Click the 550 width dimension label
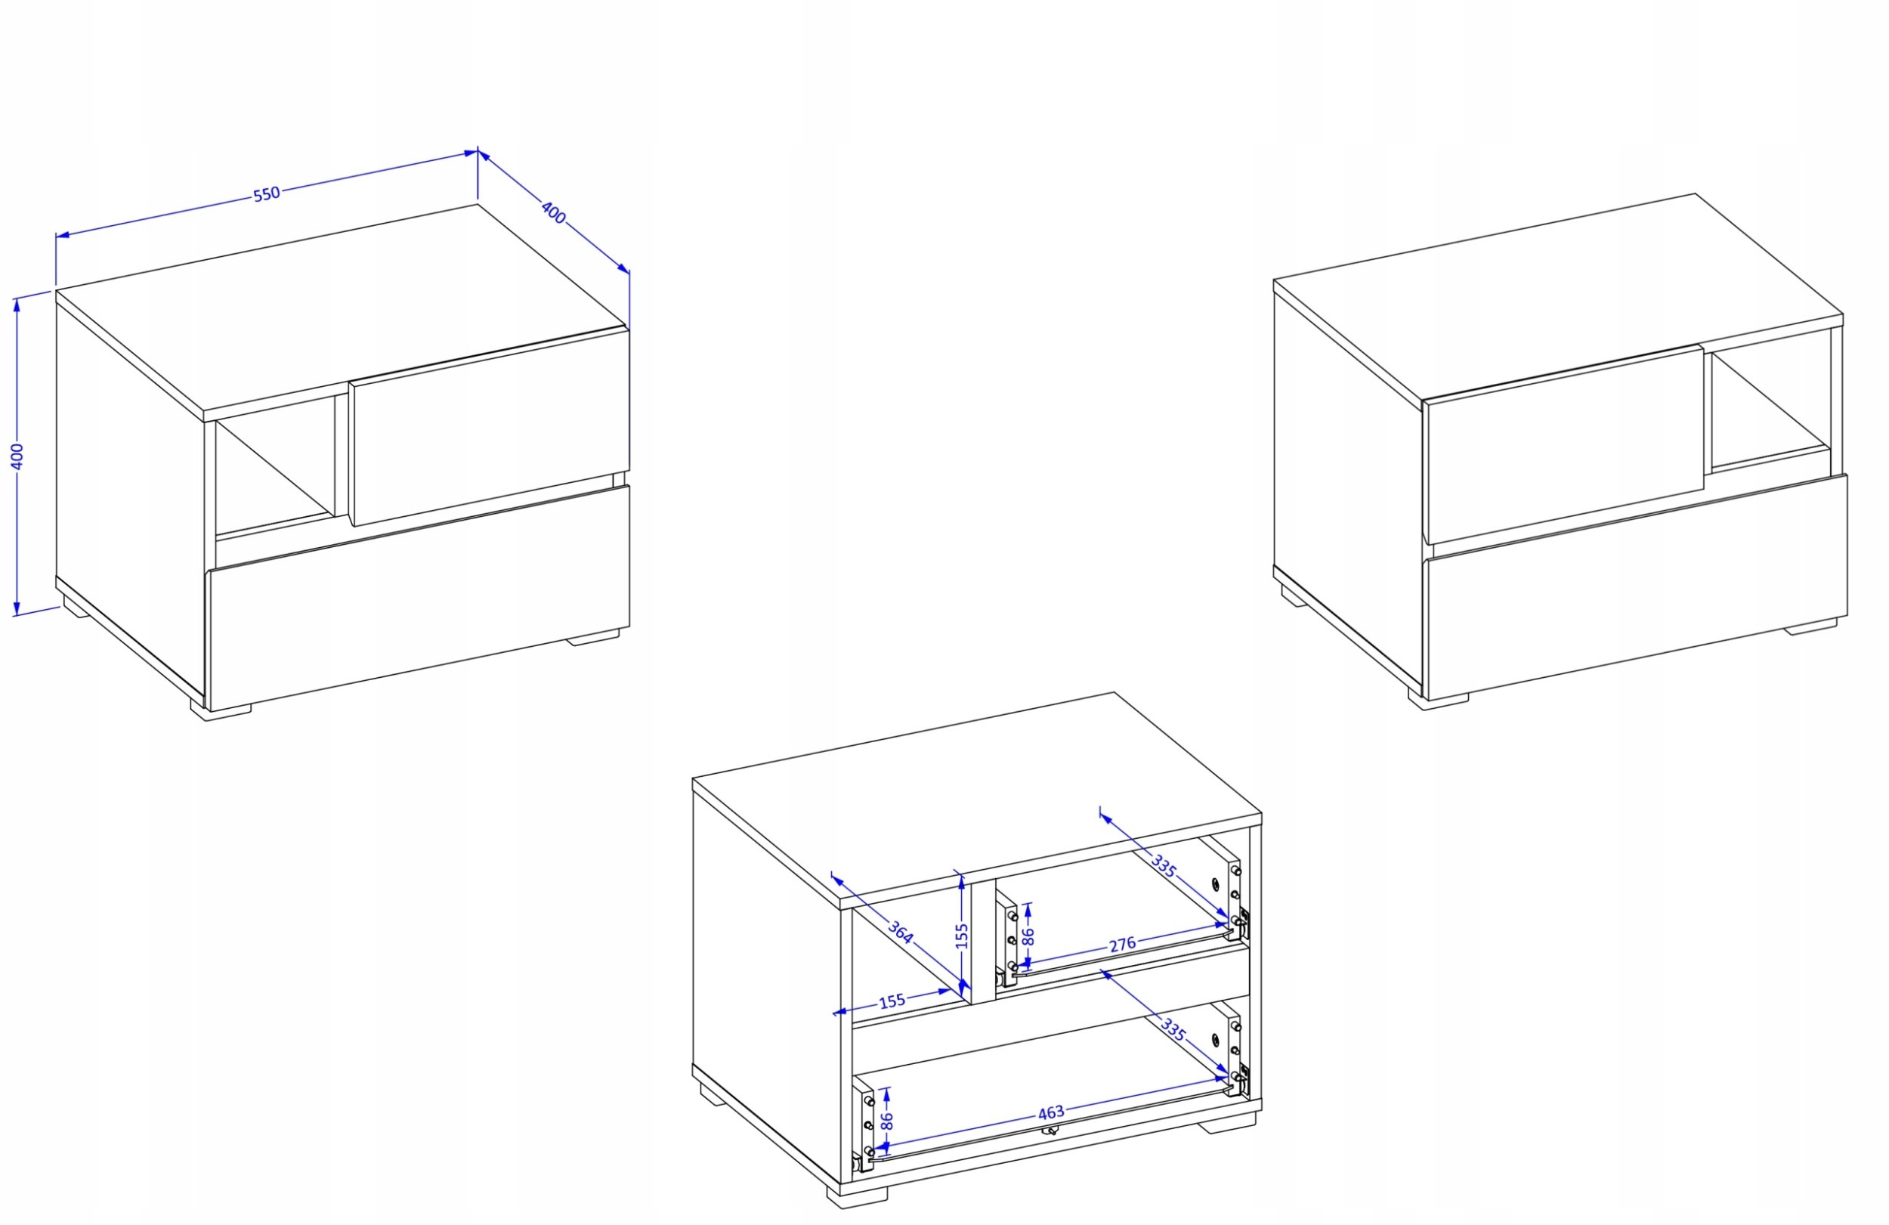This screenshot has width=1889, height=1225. click(267, 193)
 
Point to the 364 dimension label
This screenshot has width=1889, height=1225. click(900, 931)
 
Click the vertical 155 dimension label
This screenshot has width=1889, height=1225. click(962, 936)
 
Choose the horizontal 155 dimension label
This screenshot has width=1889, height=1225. click(892, 1001)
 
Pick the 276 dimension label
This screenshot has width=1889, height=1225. click(1122, 945)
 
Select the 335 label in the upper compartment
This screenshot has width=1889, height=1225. click(1163, 867)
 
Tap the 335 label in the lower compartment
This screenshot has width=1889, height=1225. click(1173, 1030)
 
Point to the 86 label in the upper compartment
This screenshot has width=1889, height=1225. click(1028, 936)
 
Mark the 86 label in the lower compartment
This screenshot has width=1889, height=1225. click(887, 1120)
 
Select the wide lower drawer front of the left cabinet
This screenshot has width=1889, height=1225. click(419, 598)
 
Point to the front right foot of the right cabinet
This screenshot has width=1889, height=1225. click(1810, 627)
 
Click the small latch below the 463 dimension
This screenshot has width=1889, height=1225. click(1050, 1131)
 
